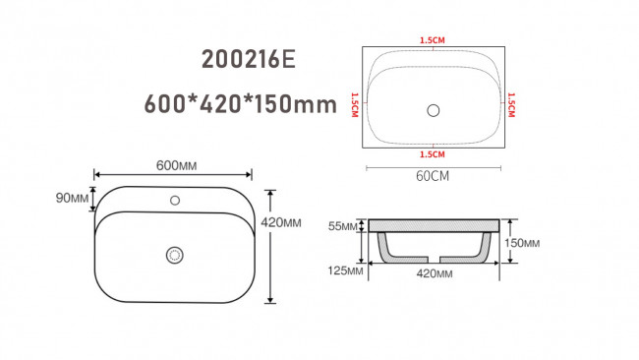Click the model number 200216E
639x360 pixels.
248,60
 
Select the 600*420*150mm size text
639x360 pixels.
241,104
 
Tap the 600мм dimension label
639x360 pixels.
176,165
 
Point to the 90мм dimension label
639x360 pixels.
72,198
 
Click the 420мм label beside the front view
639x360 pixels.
281,222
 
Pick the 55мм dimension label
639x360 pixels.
343,226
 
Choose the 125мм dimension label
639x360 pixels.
345,270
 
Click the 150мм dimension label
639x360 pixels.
522,243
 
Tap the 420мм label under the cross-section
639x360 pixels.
434,273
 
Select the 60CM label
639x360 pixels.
433,176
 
